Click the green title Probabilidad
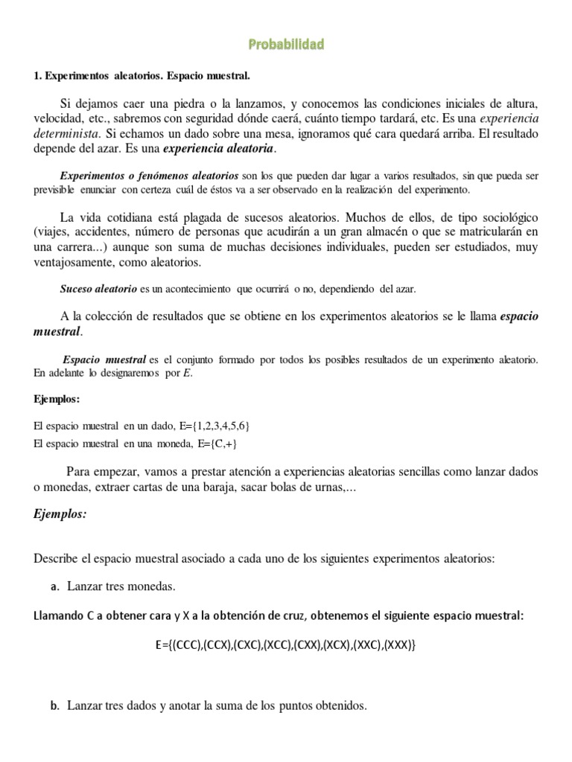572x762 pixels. click(x=286, y=45)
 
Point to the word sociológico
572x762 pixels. click(x=507, y=217)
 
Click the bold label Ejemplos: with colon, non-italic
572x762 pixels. click(x=57, y=400)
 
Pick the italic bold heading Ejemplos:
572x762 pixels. click(x=60, y=513)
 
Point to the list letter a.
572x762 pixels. click(x=54, y=586)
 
